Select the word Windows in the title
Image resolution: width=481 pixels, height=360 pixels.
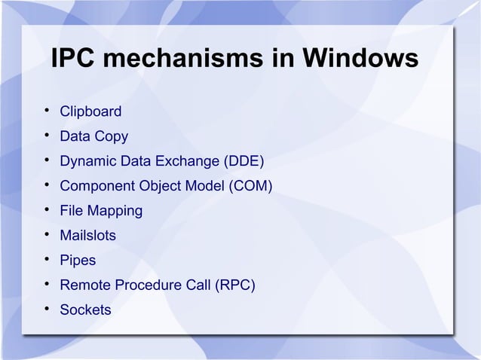click(359, 59)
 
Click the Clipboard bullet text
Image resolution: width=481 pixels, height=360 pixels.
click(90, 112)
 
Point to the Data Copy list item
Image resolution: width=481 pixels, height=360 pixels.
click(94, 137)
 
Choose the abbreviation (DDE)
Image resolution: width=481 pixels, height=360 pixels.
click(244, 162)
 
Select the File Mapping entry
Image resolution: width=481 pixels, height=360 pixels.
click(101, 211)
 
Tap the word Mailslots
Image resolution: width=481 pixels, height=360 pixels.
click(88, 236)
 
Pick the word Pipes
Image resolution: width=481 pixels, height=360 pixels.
click(78, 261)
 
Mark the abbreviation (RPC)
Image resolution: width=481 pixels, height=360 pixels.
click(234, 285)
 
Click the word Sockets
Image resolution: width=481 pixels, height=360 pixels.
click(85, 310)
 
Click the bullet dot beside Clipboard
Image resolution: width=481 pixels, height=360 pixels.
click(47, 112)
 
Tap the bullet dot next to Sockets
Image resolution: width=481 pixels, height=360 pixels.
click(47, 310)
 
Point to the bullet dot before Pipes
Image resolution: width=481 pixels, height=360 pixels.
click(47, 261)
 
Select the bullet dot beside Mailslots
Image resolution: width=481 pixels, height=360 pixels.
click(47, 236)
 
